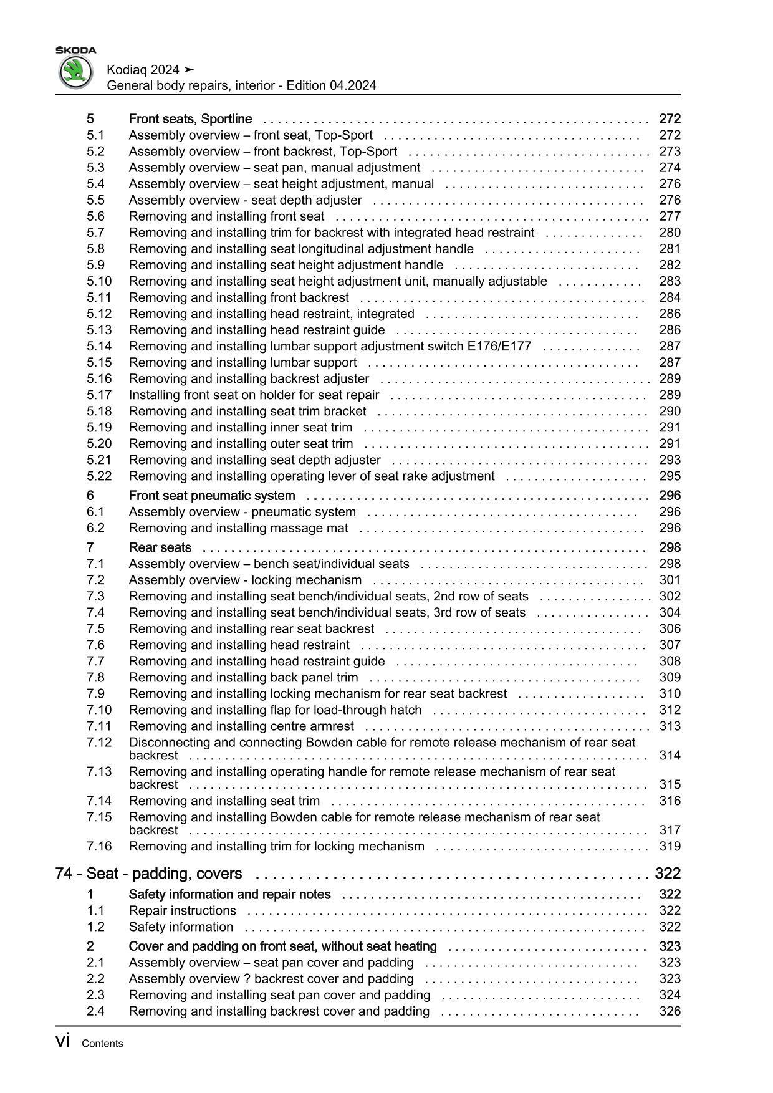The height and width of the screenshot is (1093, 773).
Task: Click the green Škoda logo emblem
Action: (75, 72)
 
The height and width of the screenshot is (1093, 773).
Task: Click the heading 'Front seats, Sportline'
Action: (190, 119)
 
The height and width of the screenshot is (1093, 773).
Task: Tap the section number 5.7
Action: (95, 233)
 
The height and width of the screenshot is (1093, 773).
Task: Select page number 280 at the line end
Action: (670, 233)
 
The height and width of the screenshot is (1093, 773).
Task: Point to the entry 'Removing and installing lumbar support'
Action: (242, 362)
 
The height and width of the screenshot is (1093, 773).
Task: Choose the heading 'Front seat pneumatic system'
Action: (212, 496)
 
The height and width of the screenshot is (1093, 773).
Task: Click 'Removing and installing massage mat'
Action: (238, 528)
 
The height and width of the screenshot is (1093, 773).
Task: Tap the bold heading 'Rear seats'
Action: (160, 547)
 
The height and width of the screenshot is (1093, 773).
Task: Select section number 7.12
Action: (99, 742)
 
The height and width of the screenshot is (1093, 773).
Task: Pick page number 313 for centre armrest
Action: (670, 726)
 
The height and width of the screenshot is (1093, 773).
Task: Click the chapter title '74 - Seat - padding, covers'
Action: (148, 874)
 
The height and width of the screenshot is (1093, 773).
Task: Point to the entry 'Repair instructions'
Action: (182, 910)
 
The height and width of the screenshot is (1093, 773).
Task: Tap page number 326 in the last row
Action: (670, 1011)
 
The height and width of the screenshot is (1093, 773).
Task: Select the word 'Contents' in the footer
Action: (102, 1044)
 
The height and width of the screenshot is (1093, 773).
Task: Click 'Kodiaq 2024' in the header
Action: (143, 70)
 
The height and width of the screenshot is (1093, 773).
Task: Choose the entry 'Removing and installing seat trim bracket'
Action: (247, 411)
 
